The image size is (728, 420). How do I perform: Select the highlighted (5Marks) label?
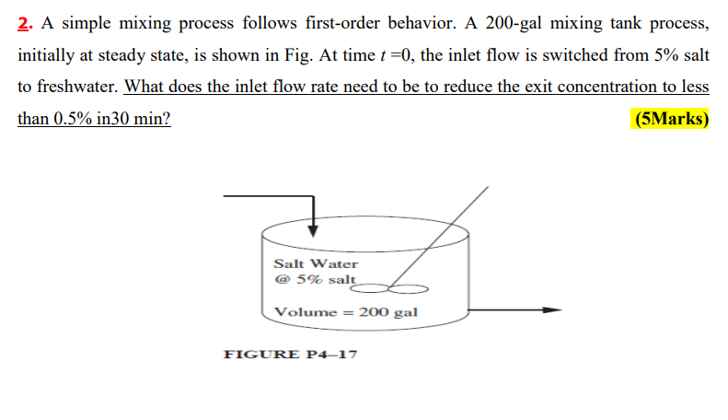tap(671, 120)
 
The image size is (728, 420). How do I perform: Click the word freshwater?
tap(69, 87)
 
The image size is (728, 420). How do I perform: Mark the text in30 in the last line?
tap(118, 120)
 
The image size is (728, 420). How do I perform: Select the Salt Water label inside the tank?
tap(316, 263)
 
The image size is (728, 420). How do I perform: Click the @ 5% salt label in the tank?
tap(314, 278)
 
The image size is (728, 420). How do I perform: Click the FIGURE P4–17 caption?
tap(291, 355)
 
